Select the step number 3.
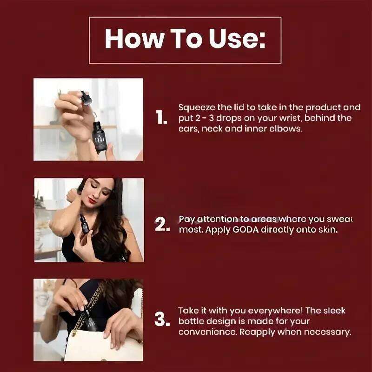pyautogui.click(x=161, y=320)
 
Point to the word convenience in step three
pyautogui.click(x=202, y=332)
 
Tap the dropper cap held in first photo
pyautogui.click(x=86, y=98)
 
